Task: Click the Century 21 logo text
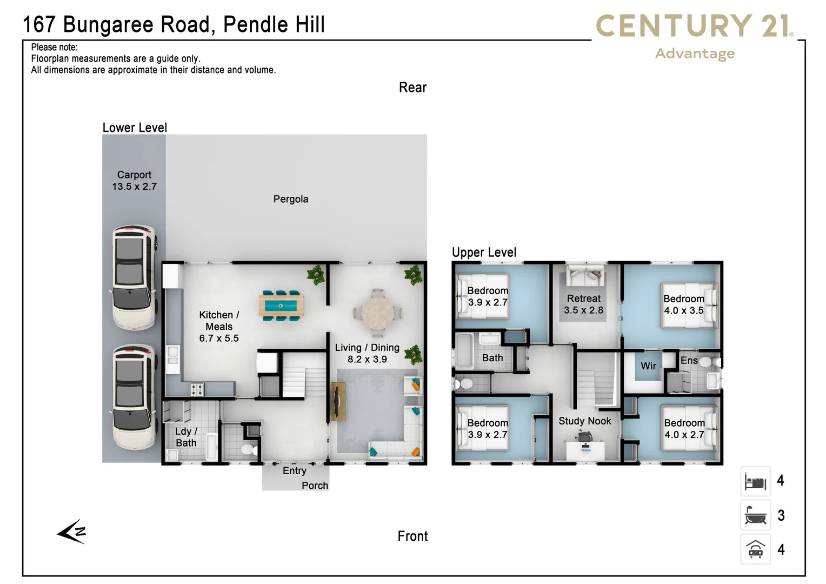pos(694,26)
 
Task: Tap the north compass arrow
pos(72,532)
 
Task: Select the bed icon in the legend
pos(755,481)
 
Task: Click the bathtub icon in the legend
pos(755,515)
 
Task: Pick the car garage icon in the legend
pos(755,549)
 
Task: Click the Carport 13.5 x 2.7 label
pos(134,181)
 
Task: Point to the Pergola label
pos(291,199)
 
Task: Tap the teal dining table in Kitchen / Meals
pos(281,306)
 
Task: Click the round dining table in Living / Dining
pos(377,313)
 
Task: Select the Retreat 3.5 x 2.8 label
pos(583,304)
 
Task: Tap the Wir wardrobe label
pos(648,366)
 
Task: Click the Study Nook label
pos(584,421)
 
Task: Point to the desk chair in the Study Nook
pos(584,436)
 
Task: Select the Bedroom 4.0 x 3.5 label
pos(683,304)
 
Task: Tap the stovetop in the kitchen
pos(196,389)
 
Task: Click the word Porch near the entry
pos(315,486)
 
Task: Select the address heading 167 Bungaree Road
pos(174,25)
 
